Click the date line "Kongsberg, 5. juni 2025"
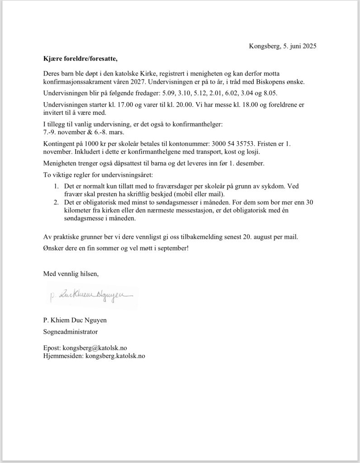tap(283, 46)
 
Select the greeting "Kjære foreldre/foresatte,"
tap(80, 58)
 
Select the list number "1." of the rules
tap(56, 186)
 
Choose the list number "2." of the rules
tap(56, 202)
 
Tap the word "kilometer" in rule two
tap(79, 210)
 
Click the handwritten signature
tap(91, 295)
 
